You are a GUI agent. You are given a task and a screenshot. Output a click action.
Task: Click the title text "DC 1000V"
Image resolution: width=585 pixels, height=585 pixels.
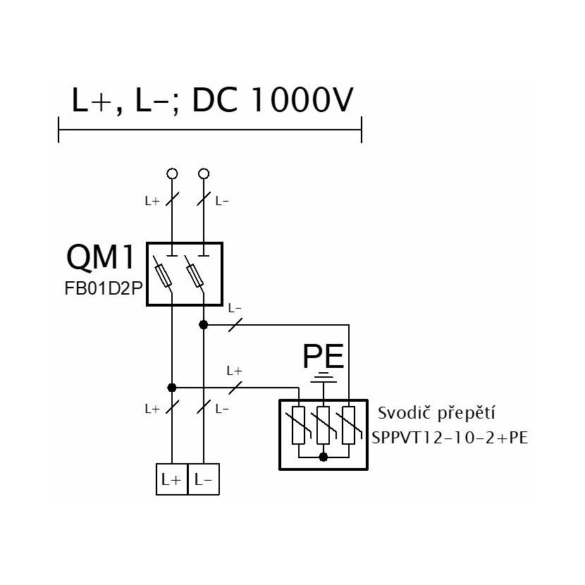click(x=272, y=100)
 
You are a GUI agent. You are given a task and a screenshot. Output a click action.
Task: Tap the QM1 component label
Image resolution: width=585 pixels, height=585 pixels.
click(x=100, y=257)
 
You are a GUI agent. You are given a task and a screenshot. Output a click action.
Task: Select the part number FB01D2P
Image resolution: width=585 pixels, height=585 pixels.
click(x=104, y=288)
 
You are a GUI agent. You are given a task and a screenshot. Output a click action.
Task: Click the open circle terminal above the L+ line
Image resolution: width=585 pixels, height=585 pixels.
click(x=172, y=173)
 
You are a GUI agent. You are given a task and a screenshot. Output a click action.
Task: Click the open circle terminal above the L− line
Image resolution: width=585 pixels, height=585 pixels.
click(x=204, y=173)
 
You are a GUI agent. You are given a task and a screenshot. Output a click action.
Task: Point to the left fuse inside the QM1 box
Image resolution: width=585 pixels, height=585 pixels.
click(x=163, y=276)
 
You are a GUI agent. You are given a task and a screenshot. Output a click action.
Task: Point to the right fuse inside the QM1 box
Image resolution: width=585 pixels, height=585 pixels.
click(x=195, y=276)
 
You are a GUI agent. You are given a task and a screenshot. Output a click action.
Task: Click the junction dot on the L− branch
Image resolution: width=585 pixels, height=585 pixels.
click(x=203, y=325)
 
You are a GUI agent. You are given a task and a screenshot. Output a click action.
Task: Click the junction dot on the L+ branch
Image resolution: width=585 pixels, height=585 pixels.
click(x=171, y=388)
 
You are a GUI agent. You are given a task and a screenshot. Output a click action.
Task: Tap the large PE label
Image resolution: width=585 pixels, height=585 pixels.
click(x=323, y=357)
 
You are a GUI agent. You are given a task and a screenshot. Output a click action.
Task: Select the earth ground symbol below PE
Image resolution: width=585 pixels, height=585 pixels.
click(x=324, y=377)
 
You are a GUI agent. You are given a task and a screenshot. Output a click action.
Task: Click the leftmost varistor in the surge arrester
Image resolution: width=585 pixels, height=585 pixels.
click(x=298, y=425)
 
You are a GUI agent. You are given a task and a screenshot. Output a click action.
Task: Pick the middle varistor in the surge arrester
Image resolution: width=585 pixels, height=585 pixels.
click(x=323, y=425)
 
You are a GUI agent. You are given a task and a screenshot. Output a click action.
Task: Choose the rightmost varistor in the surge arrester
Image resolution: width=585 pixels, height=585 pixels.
click(x=348, y=425)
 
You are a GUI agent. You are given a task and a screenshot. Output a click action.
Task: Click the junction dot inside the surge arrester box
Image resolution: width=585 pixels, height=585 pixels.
click(x=324, y=457)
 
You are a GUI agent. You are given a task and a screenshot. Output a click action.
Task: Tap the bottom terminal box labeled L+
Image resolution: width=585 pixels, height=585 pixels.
click(x=171, y=479)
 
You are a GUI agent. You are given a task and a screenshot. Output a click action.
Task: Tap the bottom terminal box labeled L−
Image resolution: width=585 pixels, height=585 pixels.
click(x=204, y=479)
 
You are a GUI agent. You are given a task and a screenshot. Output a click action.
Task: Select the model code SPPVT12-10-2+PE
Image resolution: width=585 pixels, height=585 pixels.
click(x=450, y=438)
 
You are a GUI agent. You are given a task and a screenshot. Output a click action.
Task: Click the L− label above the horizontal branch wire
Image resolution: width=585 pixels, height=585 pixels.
click(x=235, y=309)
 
